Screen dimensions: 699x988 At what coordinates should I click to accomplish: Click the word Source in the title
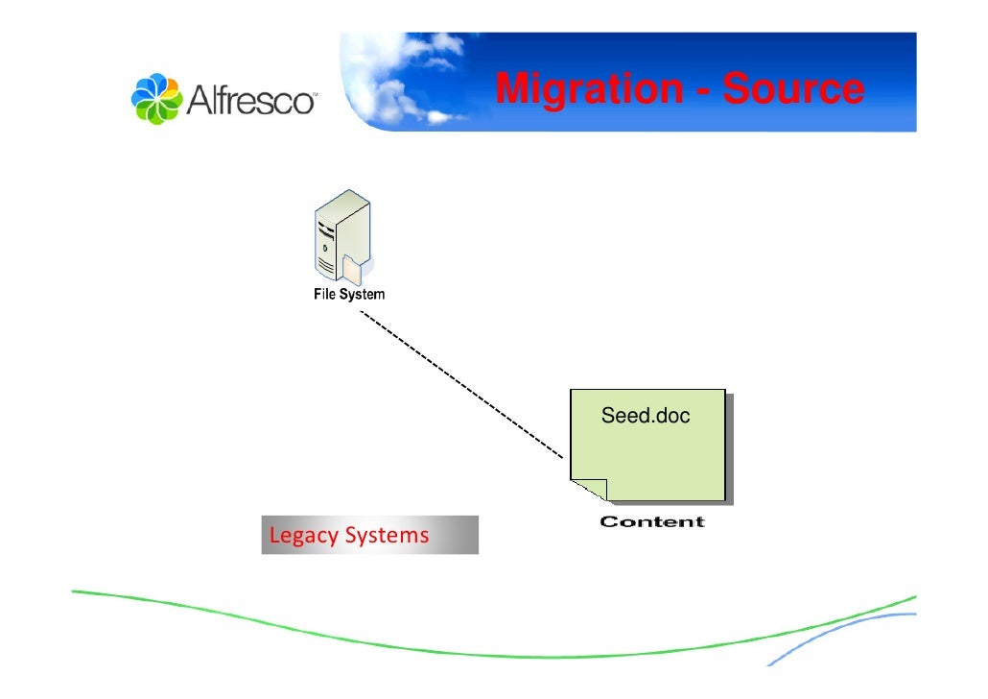[x=792, y=89]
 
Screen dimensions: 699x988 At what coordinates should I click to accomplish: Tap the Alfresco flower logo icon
[x=154, y=98]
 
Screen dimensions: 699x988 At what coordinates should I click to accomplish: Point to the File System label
[x=349, y=295]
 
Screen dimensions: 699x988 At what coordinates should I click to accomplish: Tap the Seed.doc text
[x=645, y=417]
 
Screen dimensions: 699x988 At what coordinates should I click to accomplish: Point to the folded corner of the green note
[x=587, y=491]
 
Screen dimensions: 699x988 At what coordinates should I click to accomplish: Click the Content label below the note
[x=652, y=522]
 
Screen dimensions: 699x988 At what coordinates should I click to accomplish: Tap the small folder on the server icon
[x=352, y=268]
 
